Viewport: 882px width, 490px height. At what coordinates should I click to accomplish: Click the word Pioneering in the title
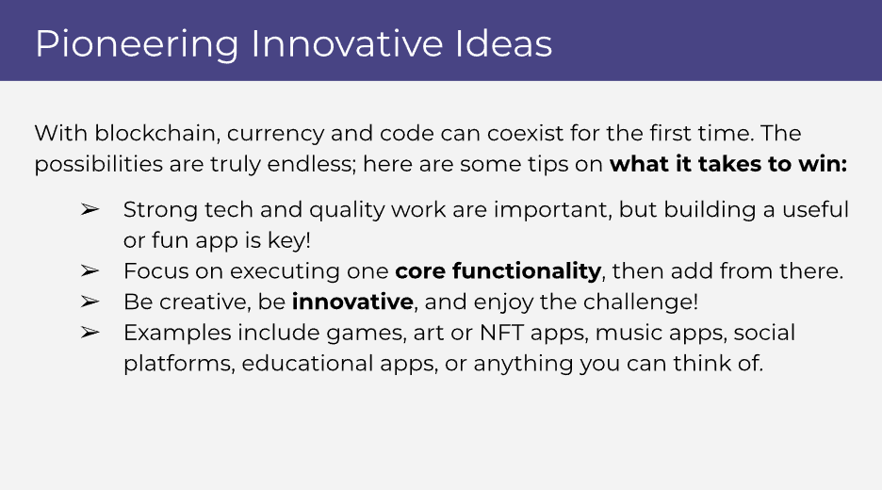coord(137,45)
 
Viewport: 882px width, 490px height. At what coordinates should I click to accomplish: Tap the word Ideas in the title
coord(503,44)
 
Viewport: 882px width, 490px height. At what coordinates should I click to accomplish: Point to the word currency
coord(275,136)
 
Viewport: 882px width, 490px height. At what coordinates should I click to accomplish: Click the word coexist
coord(525,133)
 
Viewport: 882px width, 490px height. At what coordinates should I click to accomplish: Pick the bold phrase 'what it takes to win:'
coord(728,164)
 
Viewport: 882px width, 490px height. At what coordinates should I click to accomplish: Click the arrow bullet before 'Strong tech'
coord(90,209)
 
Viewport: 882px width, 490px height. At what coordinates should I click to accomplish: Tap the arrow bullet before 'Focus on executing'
coord(90,270)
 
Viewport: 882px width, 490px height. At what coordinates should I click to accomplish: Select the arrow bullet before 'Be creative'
coord(90,302)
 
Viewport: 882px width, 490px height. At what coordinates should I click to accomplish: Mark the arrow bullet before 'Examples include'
coord(90,333)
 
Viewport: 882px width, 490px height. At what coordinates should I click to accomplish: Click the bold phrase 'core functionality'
coord(498,271)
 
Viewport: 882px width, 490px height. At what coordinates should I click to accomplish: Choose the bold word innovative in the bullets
coord(352,302)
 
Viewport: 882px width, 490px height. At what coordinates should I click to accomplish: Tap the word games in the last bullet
coord(366,334)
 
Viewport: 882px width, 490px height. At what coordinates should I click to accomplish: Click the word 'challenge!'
coord(641,302)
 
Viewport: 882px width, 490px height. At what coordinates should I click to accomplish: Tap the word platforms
coord(178,364)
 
